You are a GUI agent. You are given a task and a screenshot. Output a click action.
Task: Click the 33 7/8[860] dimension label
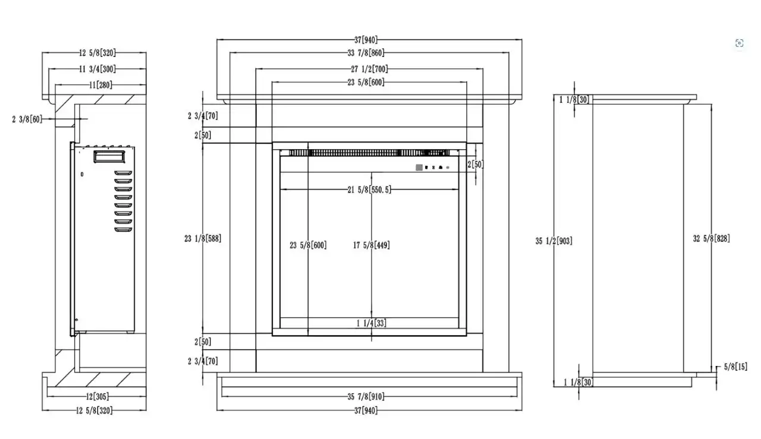366,53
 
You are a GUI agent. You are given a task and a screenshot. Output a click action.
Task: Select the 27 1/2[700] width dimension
369,70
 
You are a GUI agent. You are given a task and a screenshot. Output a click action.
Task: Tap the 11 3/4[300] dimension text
98,70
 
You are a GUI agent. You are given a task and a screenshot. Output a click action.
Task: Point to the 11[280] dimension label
100,85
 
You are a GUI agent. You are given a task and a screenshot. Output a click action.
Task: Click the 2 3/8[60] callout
27,119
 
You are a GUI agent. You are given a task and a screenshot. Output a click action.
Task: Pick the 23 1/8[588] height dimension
203,239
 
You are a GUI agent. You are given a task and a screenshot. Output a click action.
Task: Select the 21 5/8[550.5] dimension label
369,190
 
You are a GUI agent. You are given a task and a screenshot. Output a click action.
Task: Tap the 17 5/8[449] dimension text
372,245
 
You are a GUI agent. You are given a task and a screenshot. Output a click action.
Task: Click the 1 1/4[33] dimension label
372,323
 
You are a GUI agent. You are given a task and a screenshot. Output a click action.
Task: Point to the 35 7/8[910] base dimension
366,397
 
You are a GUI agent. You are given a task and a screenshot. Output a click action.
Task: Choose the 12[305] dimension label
98,397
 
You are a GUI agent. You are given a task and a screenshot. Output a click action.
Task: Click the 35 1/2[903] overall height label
554,241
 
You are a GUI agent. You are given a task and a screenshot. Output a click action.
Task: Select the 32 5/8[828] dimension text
712,239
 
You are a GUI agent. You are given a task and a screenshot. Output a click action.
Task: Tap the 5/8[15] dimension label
735,367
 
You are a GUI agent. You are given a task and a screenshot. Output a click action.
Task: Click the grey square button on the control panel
419,168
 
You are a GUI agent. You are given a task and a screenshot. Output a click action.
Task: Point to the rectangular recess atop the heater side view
109,156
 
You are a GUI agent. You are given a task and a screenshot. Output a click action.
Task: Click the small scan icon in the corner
739,43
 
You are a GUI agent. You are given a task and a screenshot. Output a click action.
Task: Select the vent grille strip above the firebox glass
369,153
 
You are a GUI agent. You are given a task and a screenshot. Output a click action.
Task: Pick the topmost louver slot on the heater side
123,173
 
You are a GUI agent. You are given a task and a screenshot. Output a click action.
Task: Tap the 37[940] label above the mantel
366,40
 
